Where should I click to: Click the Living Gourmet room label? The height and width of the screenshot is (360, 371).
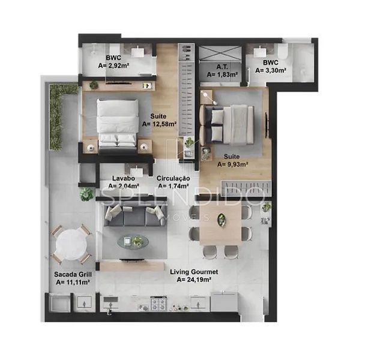pyautogui.click(x=194, y=272)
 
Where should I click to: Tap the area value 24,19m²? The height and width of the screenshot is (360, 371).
pyautogui.click(x=194, y=280)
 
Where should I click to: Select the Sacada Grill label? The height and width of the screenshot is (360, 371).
pyautogui.click(x=73, y=274)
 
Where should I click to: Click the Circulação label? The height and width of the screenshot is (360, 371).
pyautogui.click(x=173, y=178)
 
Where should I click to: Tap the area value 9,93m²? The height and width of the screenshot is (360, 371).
pyautogui.click(x=232, y=164)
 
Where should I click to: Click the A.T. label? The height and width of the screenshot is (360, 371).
pyautogui.click(x=222, y=67)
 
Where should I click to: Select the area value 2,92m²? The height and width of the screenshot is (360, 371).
pyautogui.click(x=113, y=65)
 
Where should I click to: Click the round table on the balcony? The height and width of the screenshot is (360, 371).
pyautogui.click(x=71, y=244)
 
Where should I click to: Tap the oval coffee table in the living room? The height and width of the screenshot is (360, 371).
pyautogui.click(x=133, y=242)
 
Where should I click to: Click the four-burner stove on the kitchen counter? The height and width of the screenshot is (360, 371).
pyautogui.click(x=158, y=304)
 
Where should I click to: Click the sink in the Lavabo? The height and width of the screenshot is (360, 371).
pyautogui.click(x=136, y=171)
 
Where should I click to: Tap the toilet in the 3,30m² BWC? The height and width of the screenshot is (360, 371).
pyautogui.click(x=283, y=52)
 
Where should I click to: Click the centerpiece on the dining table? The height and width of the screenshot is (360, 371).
pyautogui.click(x=222, y=220)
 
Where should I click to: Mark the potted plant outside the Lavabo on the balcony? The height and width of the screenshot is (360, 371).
pyautogui.click(x=86, y=194)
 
